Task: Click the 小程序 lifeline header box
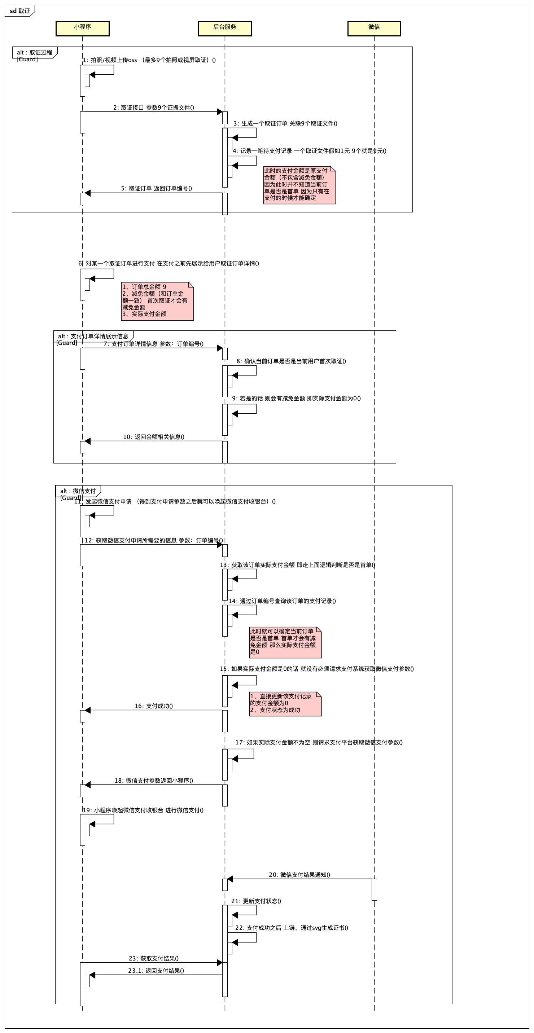click(82, 28)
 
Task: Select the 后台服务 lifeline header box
click(225, 28)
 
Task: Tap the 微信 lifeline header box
click(374, 28)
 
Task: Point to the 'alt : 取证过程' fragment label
click(35, 53)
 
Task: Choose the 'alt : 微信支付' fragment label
click(78, 491)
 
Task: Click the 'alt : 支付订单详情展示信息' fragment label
click(93, 336)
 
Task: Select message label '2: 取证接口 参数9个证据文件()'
click(154, 107)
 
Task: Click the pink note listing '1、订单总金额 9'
click(157, 301)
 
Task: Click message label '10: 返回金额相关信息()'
click(154, 437)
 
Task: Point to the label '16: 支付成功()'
click(154, 706)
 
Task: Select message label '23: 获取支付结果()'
click(154, 958)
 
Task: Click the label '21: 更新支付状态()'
click(256, 901)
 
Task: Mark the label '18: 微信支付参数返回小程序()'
click(154, 781)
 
